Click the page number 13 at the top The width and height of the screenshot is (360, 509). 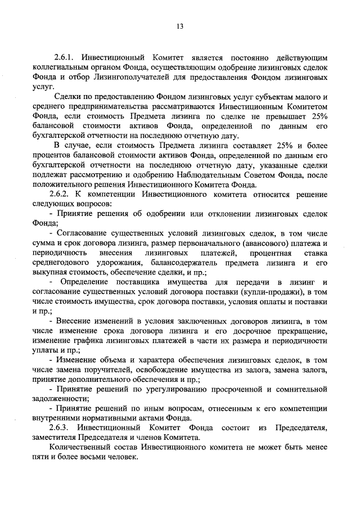coord(179,26)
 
